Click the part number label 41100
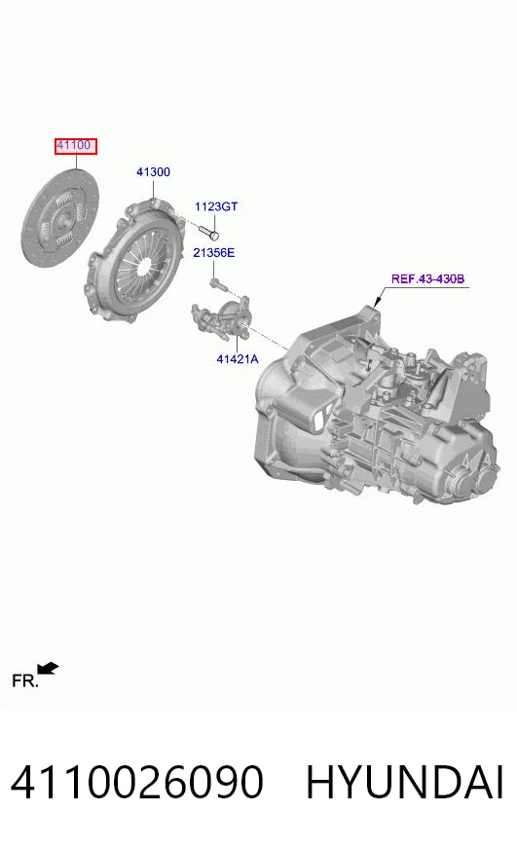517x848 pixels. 74,145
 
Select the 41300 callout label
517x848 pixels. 153,172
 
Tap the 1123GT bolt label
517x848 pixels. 216,206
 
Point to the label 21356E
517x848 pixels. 214,252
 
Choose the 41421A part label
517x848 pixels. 238,358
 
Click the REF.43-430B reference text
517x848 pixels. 427,279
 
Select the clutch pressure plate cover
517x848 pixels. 134,261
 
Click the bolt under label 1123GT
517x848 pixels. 208,233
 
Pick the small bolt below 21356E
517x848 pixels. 218,284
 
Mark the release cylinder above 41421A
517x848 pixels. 222,317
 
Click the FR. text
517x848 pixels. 25,681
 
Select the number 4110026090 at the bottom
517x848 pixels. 137,783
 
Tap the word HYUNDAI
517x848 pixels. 405,783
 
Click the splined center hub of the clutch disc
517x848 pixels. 64,220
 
